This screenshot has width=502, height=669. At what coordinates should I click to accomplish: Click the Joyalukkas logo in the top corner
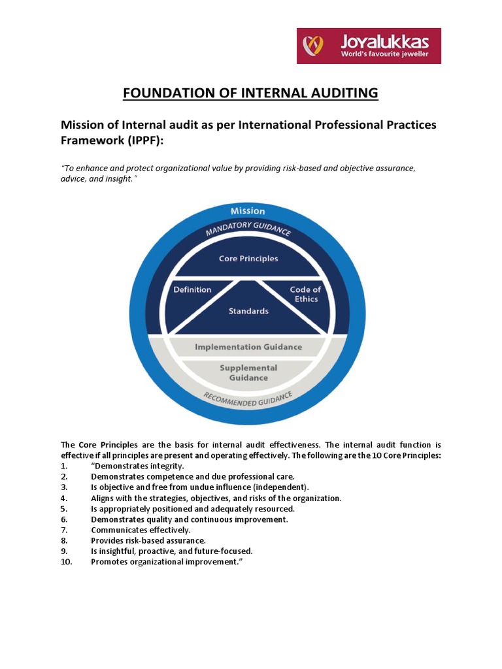pos(369,46)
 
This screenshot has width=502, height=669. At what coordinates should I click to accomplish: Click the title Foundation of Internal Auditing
pos(251,93)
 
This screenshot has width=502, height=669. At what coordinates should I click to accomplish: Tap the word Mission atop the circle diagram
pos(248,211)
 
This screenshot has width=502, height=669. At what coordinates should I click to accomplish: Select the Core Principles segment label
pos(248,259)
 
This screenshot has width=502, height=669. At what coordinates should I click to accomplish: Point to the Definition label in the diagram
pos(192,289)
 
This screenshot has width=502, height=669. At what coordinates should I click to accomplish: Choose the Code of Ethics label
pos(305,294)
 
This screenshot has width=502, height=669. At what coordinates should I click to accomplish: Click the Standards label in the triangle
pos(248,311)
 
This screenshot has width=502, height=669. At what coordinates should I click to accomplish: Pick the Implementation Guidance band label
pos(248,347)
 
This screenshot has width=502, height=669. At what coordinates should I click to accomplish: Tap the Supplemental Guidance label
pos(248,372)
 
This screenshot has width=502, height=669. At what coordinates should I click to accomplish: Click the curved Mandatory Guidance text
pos(248,229)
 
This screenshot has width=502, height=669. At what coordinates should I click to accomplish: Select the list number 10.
pos(66,561)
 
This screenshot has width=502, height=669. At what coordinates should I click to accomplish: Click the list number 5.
pos(63,508)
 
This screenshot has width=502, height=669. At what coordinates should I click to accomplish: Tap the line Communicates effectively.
pos(141,530)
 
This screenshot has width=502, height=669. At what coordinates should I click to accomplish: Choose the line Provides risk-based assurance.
pos(148,540)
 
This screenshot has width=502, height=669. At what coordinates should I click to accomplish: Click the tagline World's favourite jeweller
pos(384,54)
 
